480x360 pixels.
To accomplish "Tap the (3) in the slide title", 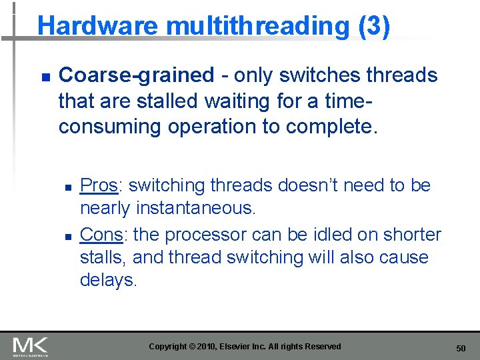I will coord(374,26).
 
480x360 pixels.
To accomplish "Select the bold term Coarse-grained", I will coord(137,76).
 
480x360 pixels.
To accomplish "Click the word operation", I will coord(219,127).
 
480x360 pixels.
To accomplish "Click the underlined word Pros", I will coord(99,185).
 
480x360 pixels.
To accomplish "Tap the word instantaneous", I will coord(196,208).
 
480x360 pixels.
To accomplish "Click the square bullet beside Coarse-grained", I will coord(45,78).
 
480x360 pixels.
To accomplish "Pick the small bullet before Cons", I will coord(67,237).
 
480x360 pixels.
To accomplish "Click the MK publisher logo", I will coord(30,347).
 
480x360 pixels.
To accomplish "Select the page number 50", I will coord(461,348).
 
